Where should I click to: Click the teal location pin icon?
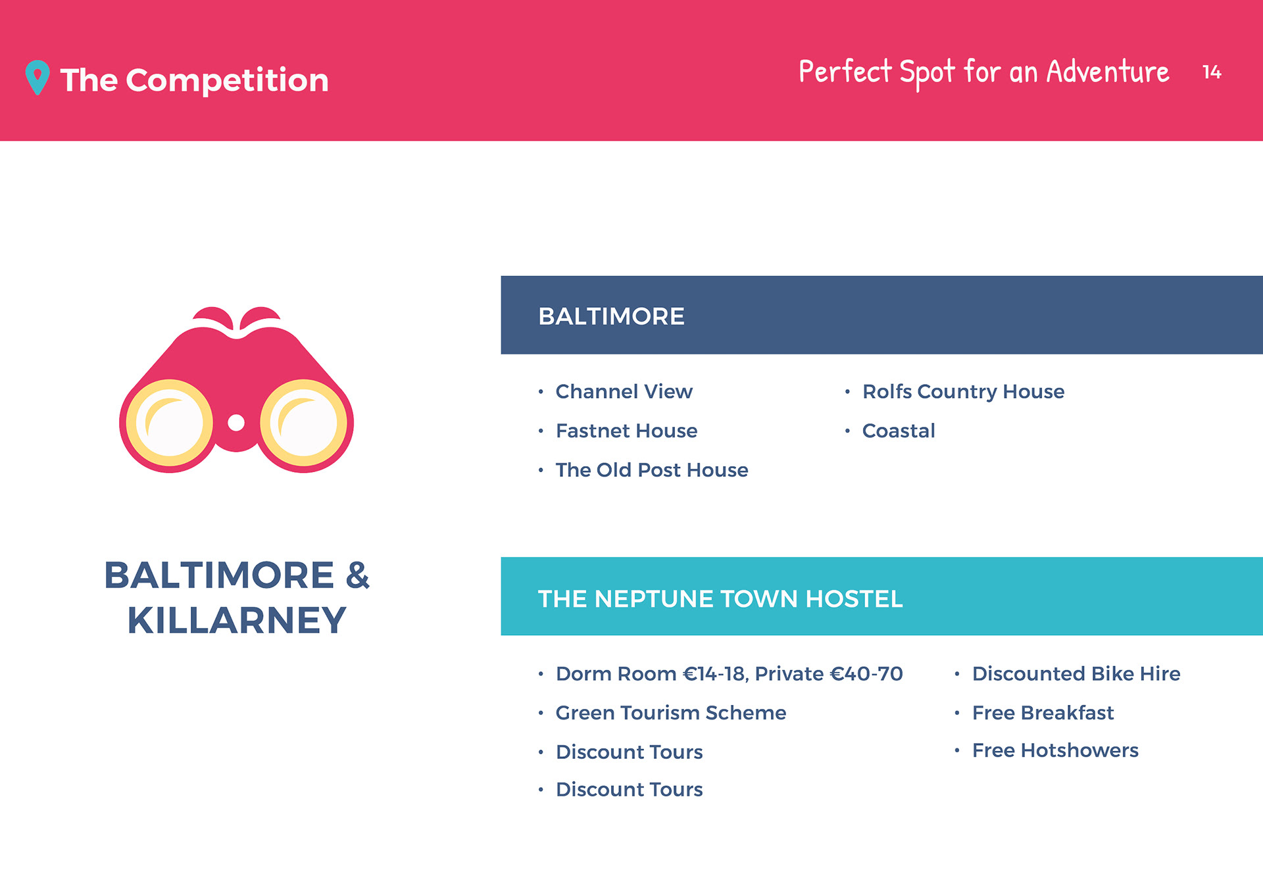37,77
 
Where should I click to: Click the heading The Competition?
194,80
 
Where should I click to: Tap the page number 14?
1212,72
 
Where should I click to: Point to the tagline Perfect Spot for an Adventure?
983,71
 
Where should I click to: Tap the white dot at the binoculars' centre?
236,423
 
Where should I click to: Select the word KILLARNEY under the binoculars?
237,620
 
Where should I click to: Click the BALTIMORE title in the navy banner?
611,316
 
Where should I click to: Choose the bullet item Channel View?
624,391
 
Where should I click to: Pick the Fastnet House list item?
626,431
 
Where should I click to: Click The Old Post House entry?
652,470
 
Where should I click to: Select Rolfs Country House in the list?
963,392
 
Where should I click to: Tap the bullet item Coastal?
899,431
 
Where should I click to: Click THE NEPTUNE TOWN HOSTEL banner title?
720,598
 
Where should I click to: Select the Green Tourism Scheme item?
671,713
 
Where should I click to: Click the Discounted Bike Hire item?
1076,673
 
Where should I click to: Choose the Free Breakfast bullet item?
1043,713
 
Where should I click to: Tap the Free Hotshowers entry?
1055,750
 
